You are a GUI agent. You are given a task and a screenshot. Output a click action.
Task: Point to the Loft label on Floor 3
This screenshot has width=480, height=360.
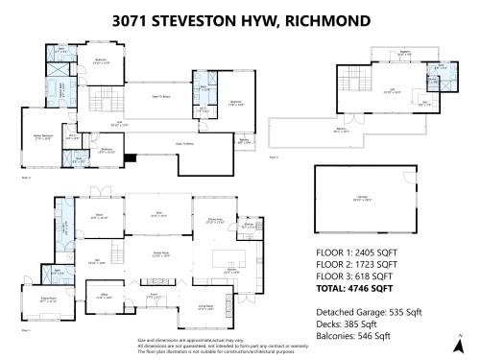pyautogui.click(x=366, y=88)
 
